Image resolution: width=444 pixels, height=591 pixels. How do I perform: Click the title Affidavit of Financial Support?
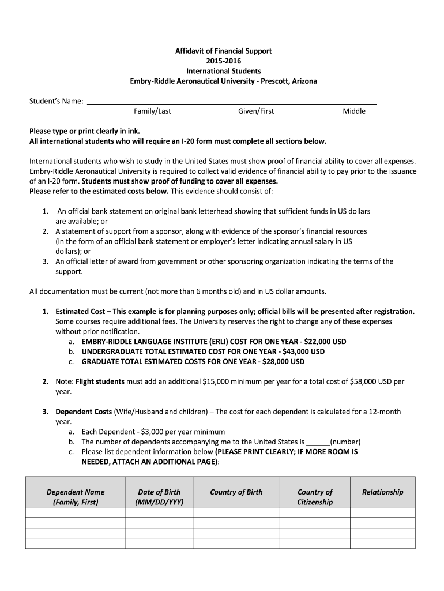(223, 51)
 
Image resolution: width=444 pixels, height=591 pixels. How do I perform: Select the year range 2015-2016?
(223, 61)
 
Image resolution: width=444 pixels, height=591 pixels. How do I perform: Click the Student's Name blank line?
(231, 102)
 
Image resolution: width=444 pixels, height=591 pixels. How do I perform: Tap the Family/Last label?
(152, 111)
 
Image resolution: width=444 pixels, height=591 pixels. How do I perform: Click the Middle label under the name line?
(354, 111)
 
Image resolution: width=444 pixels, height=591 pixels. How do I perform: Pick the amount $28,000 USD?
(283, 361)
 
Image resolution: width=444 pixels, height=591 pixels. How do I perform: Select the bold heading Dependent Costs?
(84, 412)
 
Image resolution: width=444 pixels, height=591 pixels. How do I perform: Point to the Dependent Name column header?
(76, 497)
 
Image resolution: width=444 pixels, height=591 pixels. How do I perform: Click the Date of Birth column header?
(159, 497)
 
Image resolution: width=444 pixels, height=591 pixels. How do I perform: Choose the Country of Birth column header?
(236, 492)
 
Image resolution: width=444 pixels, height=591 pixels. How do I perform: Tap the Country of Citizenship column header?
(315, 497)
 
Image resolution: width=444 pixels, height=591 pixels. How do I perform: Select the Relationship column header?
(382, 492)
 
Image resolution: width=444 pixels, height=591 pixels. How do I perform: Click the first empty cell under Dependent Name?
(76, 512)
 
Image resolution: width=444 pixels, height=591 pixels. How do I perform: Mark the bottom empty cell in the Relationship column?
(382, 543)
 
